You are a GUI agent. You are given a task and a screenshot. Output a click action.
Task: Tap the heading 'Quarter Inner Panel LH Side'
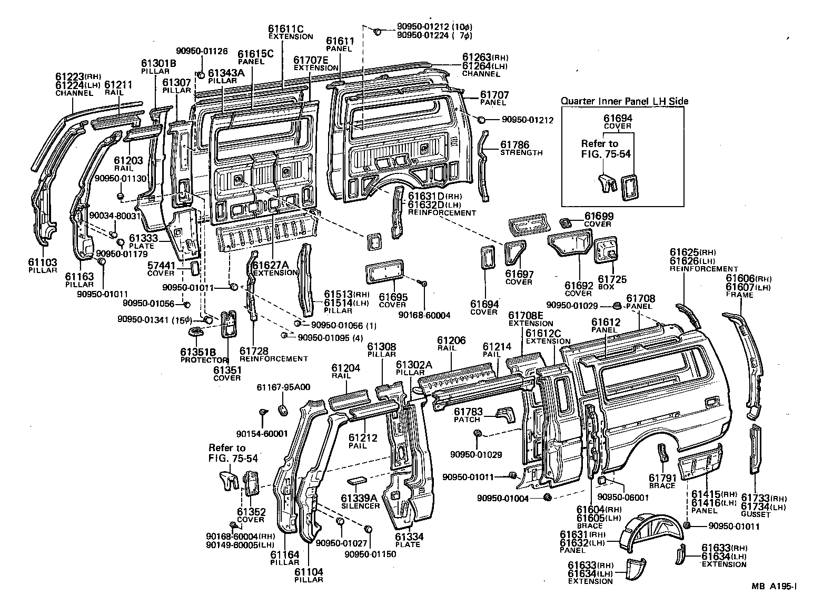[624, 101]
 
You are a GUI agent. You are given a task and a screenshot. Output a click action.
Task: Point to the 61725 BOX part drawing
[606, 249]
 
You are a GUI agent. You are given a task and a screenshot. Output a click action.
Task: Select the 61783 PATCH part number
[467, 411]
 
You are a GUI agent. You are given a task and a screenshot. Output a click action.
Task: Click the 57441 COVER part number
[161, 265]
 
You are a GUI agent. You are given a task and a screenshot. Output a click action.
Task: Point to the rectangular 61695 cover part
[384, 274]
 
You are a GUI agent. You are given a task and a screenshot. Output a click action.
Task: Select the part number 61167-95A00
[283, 387]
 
